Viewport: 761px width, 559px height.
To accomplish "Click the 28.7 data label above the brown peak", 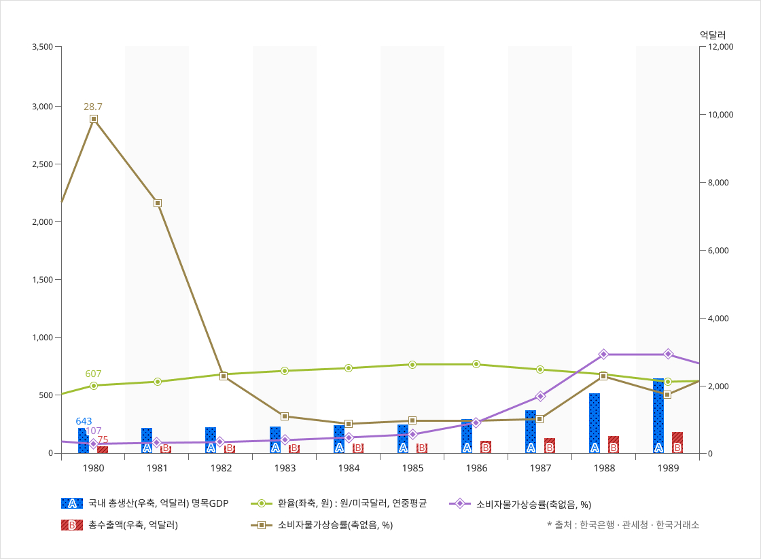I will point(93,107).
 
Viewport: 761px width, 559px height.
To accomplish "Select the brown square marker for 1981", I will point(158,203).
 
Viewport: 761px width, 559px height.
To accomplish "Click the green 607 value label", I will point(93,374).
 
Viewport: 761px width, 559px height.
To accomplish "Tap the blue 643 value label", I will point(84,421).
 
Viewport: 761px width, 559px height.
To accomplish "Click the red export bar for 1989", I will point(677,442).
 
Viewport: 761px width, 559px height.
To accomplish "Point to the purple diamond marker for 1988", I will point(603,355).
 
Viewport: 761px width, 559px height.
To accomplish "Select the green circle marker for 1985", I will point(412,365).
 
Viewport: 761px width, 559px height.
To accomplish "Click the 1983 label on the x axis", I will point(285,469).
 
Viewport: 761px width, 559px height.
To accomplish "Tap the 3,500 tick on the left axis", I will point(42,47).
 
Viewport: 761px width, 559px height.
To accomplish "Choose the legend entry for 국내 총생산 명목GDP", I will point(144,503).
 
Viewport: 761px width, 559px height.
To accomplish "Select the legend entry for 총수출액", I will point(119,524).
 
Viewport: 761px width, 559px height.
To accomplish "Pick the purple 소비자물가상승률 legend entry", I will point(520,503).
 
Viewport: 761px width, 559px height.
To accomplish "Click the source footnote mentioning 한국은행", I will point(622,524).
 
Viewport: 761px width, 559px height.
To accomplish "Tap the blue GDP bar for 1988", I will point(595,422).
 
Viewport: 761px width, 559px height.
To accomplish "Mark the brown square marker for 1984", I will point(349,424).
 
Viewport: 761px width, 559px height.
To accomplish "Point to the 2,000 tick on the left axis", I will point(42,222).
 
